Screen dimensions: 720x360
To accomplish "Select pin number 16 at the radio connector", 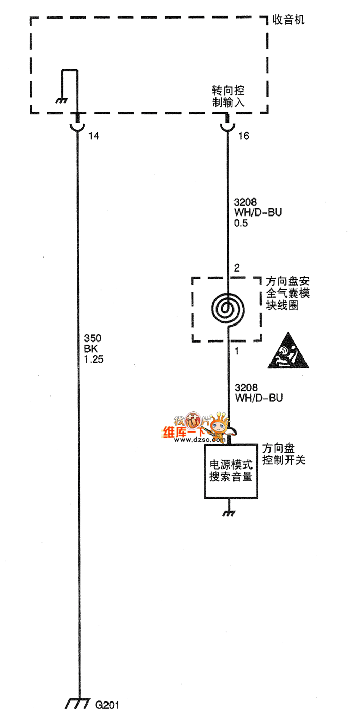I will [244, 136].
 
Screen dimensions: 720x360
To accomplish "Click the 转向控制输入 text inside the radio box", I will [228, 96].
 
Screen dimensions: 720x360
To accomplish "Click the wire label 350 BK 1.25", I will [94, 349].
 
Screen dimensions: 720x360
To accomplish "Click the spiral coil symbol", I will [227, 309].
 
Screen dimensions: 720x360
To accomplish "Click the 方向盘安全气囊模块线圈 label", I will [288, 293].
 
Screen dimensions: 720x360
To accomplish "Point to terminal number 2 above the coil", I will [237, 268].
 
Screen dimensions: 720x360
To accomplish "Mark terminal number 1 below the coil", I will [237, 352].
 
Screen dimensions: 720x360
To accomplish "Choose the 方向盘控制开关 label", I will [283, 454].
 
